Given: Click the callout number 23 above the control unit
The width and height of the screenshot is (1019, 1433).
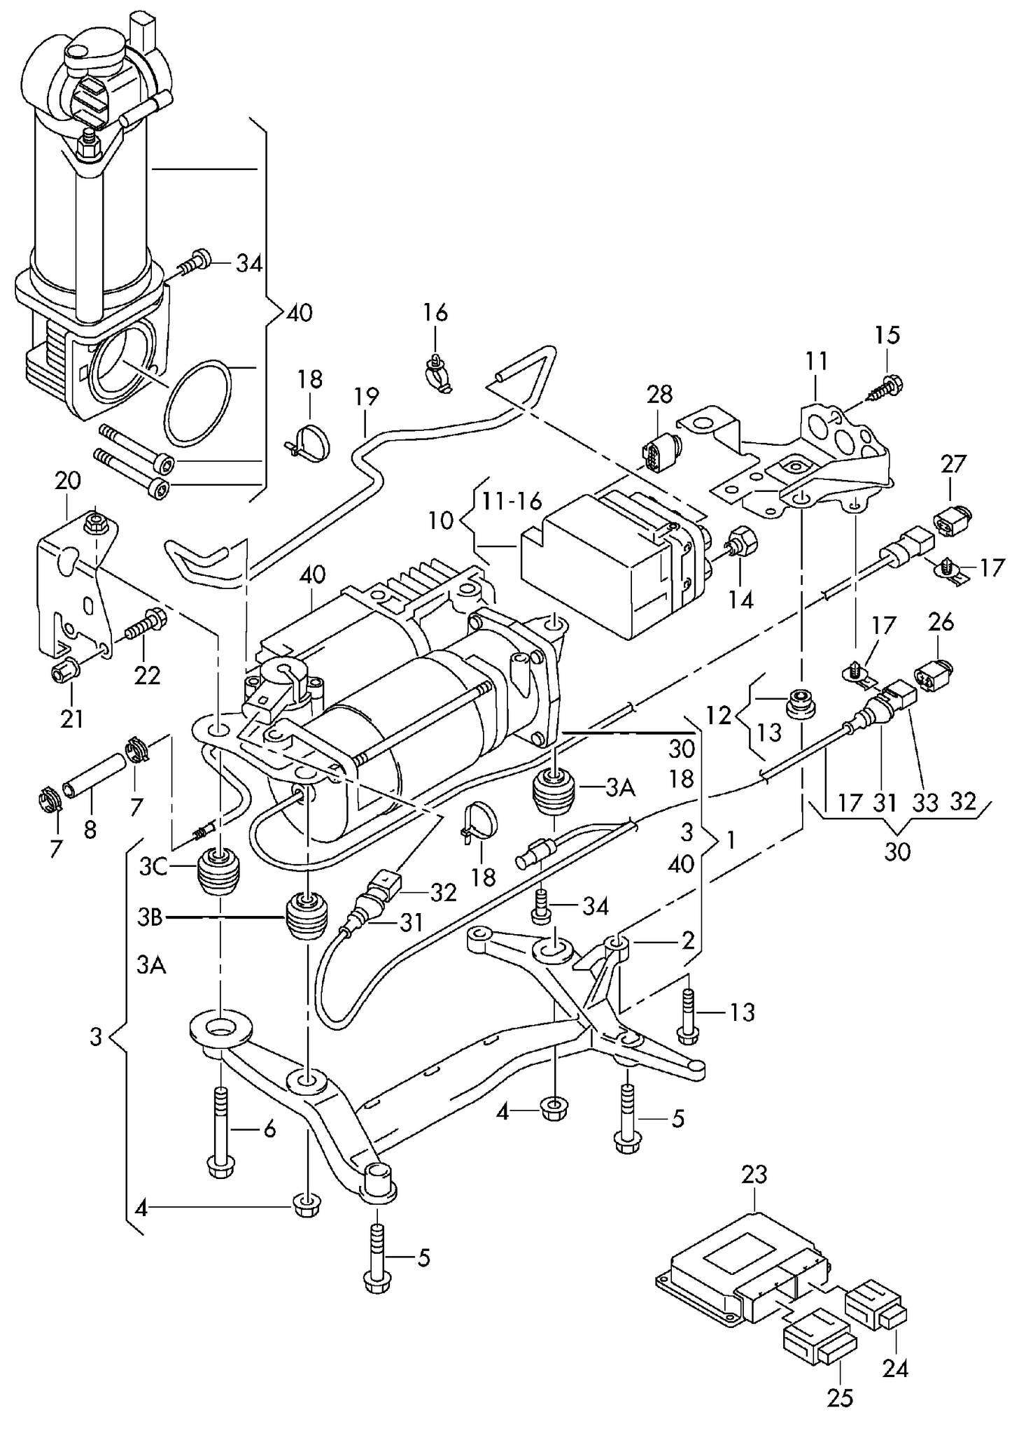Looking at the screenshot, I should (x=754, y=1173).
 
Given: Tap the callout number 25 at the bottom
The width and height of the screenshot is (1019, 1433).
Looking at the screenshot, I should (x=839, y=1398).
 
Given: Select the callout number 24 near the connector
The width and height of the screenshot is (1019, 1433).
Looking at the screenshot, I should (x=895, y=1367).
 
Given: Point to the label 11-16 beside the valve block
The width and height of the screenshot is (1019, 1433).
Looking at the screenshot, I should (x=511, y=501).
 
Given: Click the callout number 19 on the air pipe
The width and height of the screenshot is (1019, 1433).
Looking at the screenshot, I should (x=366, y=397).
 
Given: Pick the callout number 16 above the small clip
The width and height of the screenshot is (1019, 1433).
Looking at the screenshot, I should (x=435, y=312).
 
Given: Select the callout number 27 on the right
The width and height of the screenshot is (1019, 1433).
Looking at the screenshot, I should (x=953, y=463).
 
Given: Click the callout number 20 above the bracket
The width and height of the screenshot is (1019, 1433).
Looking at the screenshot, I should (x=67, y=481).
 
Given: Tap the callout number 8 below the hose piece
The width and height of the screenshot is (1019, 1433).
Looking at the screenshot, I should (x=90, y=830).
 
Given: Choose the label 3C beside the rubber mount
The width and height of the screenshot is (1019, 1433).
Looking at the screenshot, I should (x=153, y=868).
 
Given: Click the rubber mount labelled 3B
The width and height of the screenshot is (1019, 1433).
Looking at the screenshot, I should (x=307, y=917).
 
